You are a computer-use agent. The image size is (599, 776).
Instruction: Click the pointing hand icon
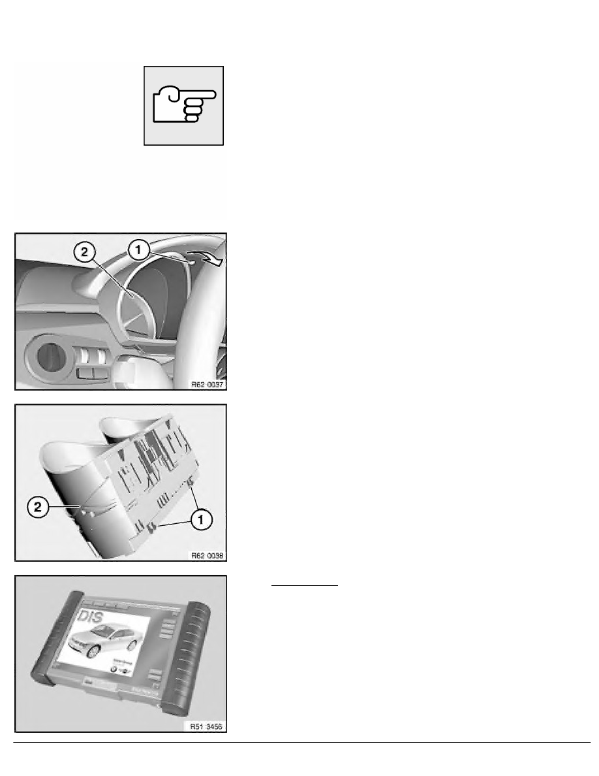click(184, 105)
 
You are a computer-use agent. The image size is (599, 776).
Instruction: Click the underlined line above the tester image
click(305, 586)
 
